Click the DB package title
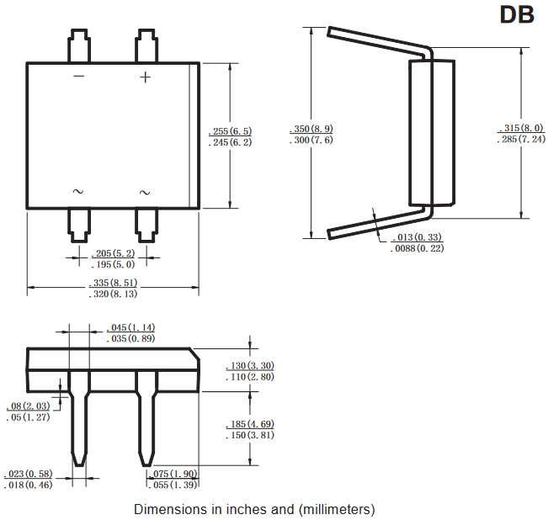point(517,14)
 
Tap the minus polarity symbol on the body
point(79,76)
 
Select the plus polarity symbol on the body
point(145,77)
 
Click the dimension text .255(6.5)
point(230,131)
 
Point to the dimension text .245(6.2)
point(230,142)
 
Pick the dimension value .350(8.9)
point(311,129)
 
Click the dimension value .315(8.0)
point(521,128)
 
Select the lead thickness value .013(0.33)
point(417,237)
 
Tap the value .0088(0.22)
point(417,248)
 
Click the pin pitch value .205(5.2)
point(113,253)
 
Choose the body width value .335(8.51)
point(114,283)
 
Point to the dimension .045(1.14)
point(130,327)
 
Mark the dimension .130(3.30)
point(250,366)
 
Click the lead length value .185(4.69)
point(250,424)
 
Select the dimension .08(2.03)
point(29,406)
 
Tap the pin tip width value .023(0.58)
point(28,474)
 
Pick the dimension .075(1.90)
point(173,474)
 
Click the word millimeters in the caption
point(337,510)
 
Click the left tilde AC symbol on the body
point(78,191)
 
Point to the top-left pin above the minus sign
point(79,45)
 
